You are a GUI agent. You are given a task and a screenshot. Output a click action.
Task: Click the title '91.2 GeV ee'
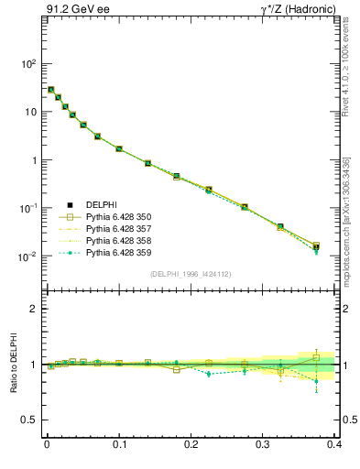(x=74, y=11)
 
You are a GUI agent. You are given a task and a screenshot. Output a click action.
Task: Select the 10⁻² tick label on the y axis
(x=26, y=256)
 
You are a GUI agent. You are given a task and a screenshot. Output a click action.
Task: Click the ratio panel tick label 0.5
(x=27, y=420)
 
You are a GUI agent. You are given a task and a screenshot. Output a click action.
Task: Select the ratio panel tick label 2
(x=32, y=309)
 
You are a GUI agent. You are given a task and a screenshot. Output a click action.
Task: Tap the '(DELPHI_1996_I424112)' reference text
(x=191, y=274)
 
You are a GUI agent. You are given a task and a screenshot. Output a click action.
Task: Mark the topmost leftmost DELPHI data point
(x=50, y=90)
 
